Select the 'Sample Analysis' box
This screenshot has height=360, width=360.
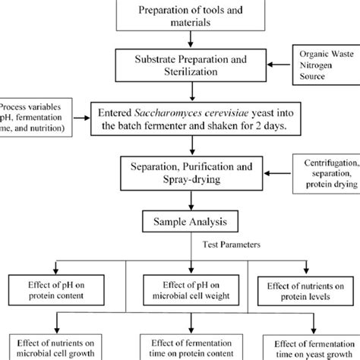(179, 221)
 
